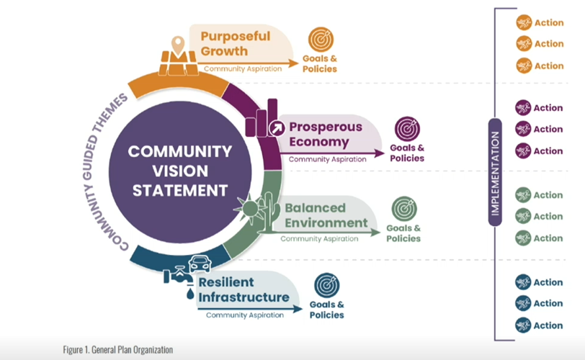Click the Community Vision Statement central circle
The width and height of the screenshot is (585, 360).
pos(180,172)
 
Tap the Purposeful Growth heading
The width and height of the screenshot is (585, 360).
pos(236,44)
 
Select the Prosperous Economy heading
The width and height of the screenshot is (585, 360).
pos(326,134)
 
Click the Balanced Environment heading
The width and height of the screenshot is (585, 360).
pos(326,215)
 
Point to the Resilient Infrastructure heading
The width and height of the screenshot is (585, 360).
pos(244,289)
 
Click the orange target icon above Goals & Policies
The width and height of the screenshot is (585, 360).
pos(321,39)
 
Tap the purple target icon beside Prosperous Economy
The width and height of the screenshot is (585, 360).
pos(408,129)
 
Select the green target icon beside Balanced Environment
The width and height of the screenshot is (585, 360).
pos(404,209)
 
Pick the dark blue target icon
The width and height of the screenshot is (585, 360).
pos(327,285)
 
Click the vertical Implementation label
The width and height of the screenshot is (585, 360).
pos(495,173)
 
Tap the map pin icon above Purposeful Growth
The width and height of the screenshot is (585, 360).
pos(178,45)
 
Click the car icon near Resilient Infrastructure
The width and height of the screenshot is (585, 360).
pos(200,264)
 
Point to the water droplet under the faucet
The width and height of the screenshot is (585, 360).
pos(190,294)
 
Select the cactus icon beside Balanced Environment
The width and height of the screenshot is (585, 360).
pos(269,212)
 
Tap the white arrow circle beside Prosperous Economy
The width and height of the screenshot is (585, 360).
pos(277,129)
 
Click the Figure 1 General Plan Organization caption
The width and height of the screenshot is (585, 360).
pos(118,350)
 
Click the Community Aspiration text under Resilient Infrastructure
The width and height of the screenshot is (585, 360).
pos(245,315)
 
